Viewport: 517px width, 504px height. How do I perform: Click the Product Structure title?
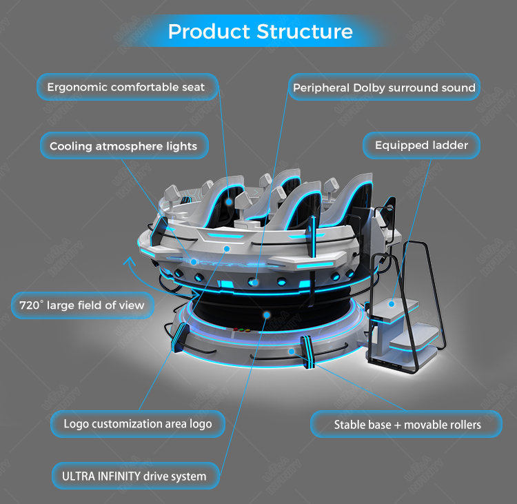[x=261, y=31]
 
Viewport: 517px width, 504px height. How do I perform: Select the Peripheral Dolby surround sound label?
[x=384, y=88]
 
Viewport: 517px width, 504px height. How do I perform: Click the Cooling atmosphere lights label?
[x=124, y=145]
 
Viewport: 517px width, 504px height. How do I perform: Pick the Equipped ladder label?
[x=421, y=145]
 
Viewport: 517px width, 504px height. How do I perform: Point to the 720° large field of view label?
[x=83, y=305]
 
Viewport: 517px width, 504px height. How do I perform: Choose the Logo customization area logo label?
[x=138, y=424]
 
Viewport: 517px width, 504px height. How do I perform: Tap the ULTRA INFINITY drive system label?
[x=135, y=476]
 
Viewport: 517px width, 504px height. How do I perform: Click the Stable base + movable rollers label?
[x=406, y=424]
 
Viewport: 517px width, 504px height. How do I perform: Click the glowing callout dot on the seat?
[x=229, y=201]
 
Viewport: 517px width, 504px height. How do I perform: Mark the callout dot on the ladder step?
[x=392, y=304]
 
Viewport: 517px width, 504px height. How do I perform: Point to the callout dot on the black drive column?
[x=266, y=315]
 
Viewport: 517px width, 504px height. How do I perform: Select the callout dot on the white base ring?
[x=291, y=352]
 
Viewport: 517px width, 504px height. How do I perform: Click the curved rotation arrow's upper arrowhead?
[x=129, y=261]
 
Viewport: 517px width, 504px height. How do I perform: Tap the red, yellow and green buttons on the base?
[x=241, y=330]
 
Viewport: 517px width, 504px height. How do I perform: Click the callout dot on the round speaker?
[x=254, y=283]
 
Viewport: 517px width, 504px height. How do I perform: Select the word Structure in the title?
[x=305, y=31]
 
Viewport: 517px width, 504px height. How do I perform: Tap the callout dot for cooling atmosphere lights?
[x=194, y=262]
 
